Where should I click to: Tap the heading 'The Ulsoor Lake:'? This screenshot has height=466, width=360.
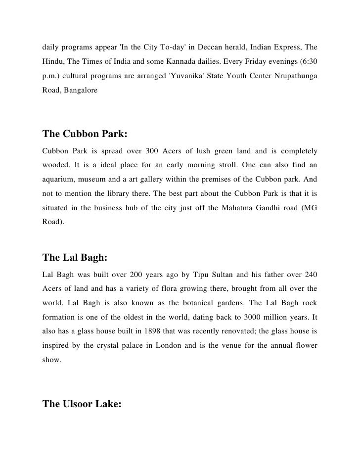pos(82,404)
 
